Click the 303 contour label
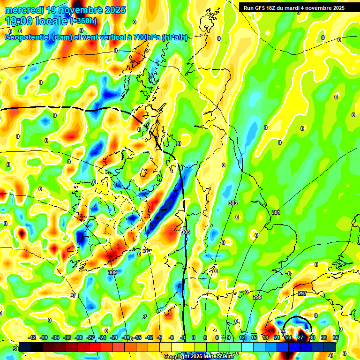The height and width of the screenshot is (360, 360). pos(233,203)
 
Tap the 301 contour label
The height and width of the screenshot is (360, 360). pos(276,213)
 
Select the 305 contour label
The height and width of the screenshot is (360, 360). pos(186,232)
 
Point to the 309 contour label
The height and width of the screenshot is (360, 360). pos(112,272)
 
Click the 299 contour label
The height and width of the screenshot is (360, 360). pos(257,298)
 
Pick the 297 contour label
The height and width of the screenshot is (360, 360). pos(302,293)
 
